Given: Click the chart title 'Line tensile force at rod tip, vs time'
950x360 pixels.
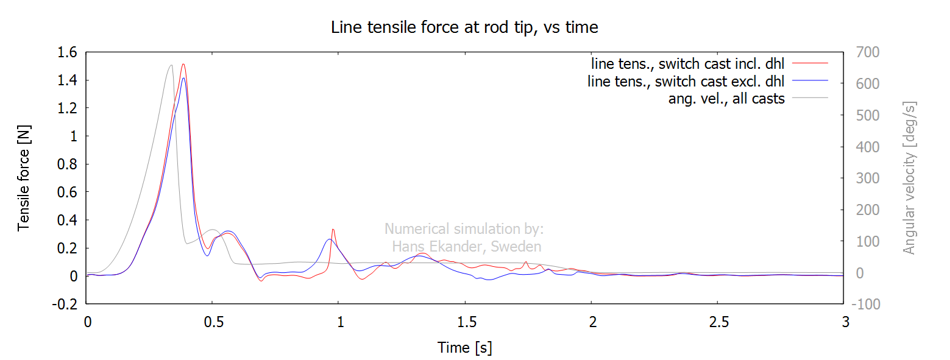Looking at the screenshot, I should click(464, 27).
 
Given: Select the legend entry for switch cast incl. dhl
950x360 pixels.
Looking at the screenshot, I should click(688, 63).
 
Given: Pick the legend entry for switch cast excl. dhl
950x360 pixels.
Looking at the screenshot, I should click(686, 81).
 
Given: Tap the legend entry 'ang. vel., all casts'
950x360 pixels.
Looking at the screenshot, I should click(726, 98).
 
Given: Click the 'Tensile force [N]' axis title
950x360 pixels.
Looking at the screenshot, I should click(24, 177).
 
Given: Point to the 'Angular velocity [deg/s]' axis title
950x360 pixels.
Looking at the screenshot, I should click(909, 178).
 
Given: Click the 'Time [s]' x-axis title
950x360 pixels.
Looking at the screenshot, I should click(464, 348).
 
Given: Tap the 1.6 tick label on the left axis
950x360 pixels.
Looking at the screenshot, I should click(67, 53).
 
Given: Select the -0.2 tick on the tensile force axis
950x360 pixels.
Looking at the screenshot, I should click(65, 304).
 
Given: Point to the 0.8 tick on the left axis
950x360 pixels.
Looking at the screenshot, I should click(67, 164).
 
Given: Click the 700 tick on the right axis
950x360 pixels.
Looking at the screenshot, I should click(868, 53).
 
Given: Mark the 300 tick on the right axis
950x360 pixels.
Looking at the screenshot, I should click(868, 178).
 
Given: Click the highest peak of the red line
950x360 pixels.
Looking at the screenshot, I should click(183, 64).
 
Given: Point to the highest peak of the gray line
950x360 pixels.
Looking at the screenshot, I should click(171, 65).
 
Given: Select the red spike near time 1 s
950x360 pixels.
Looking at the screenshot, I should click(333, 229).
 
